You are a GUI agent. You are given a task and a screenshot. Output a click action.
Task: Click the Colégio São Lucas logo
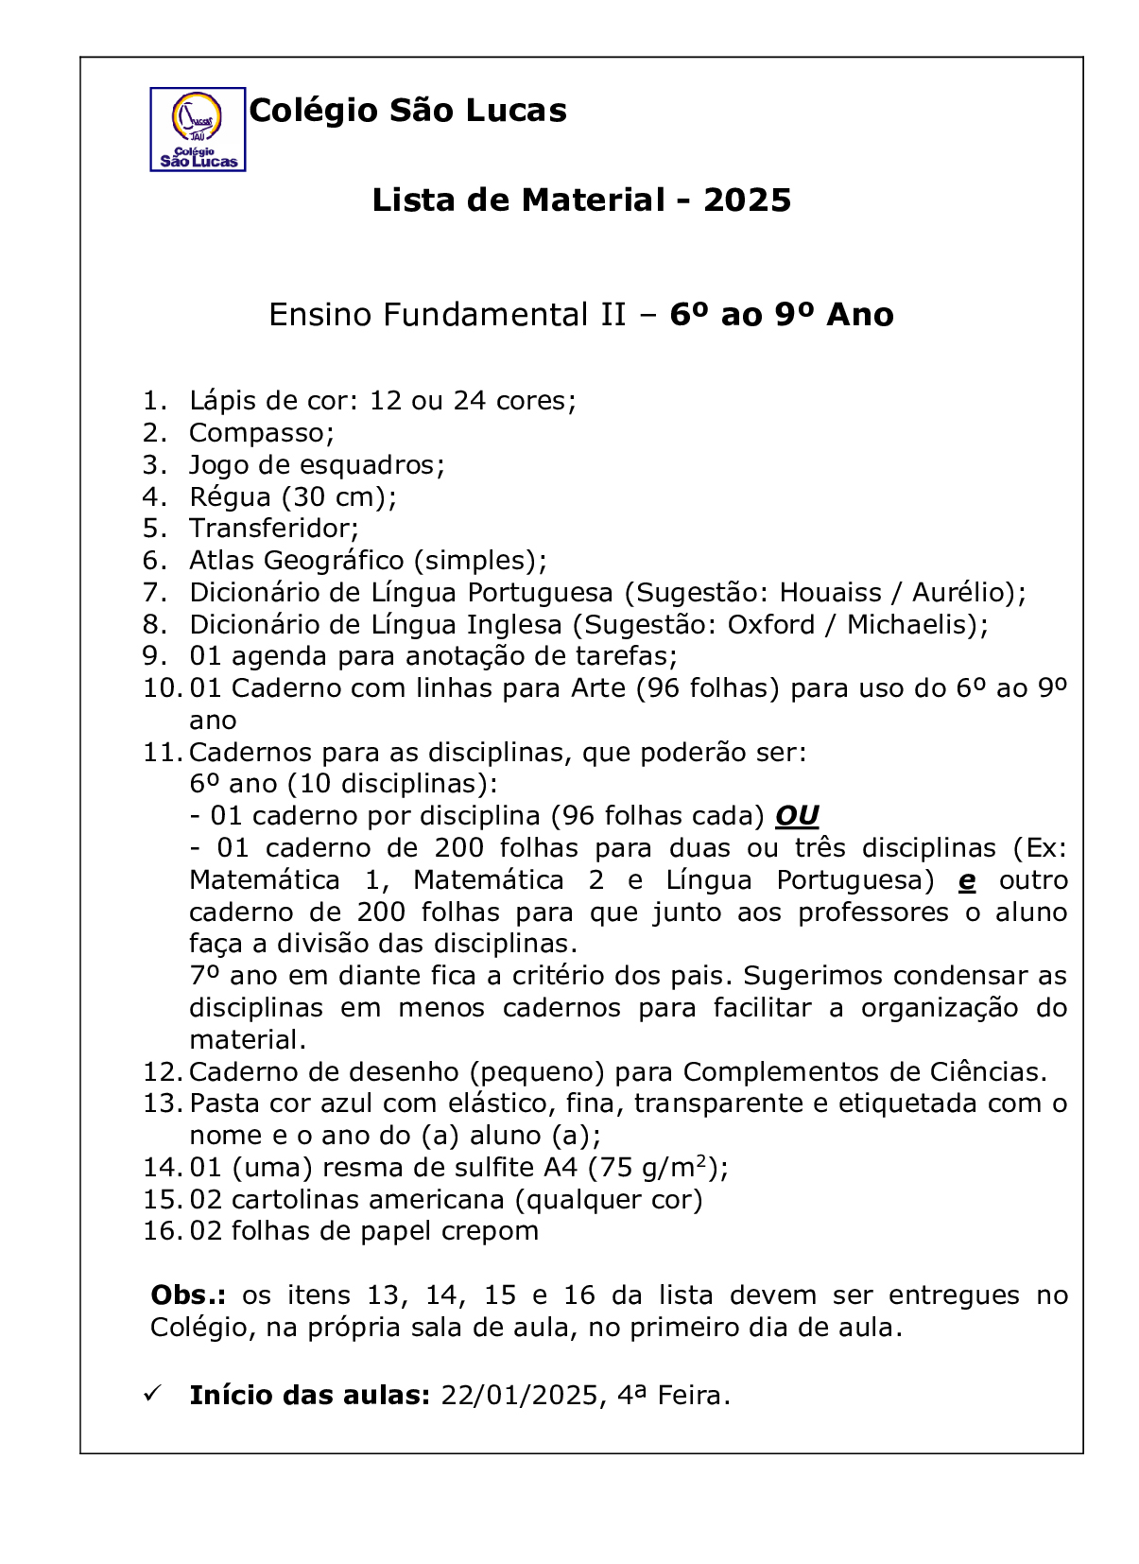pos(198,130)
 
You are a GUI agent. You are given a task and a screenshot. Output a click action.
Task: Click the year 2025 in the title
pos(747,200)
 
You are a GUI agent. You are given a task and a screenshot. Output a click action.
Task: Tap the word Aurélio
pos(962,593)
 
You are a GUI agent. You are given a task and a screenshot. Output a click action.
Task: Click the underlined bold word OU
pos(797,816)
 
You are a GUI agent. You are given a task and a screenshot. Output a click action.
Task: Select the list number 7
pos(155,593)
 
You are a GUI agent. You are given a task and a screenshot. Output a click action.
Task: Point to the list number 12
pos(162,1072)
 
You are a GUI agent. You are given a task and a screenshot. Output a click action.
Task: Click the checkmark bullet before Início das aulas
pos(151,1395)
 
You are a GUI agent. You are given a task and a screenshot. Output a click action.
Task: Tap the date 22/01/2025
pos(519,1396)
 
